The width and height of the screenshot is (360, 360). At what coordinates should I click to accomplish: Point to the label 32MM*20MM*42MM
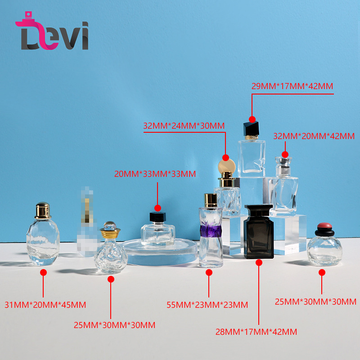(314, 136)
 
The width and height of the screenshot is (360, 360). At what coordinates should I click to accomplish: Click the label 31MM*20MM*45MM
(45, 305)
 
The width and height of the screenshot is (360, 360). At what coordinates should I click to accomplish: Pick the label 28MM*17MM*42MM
(256, 332)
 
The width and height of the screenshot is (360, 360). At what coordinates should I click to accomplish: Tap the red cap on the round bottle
(325, 225)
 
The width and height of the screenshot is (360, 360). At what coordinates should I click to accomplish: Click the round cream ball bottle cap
(226, 166)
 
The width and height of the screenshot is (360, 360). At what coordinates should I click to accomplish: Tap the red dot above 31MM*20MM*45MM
(43, 272)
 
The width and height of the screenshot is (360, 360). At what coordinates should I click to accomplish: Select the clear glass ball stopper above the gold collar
(110, 225)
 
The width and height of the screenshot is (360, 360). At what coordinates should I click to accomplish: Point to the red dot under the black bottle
(259, 262)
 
